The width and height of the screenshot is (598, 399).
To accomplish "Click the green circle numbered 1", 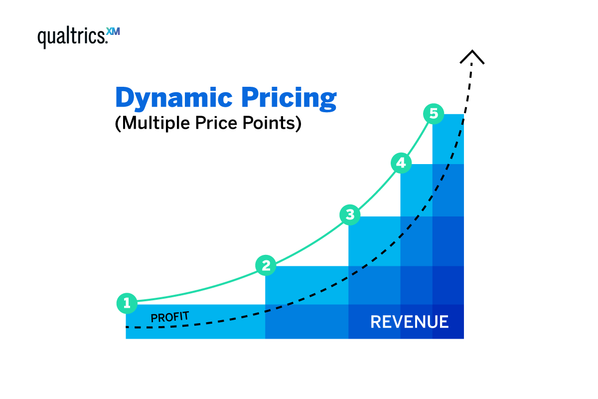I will (127, 303).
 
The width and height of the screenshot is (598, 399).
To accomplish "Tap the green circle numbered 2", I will (266, 265).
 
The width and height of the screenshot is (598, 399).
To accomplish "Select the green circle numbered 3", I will (350, 215).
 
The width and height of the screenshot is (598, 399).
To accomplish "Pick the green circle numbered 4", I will (401, 163).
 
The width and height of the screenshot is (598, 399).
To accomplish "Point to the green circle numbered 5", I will (434, 114).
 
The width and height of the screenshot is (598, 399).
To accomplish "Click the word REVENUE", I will (409, 322).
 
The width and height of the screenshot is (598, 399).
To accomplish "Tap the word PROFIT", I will (169, 317).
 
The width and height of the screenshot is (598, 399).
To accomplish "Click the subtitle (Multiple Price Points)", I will (208, 124).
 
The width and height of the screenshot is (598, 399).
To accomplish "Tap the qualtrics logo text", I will (72, 37).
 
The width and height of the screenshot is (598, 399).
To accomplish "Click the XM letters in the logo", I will (114, 32).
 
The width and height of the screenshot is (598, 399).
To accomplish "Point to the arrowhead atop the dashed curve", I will (471, 56).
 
